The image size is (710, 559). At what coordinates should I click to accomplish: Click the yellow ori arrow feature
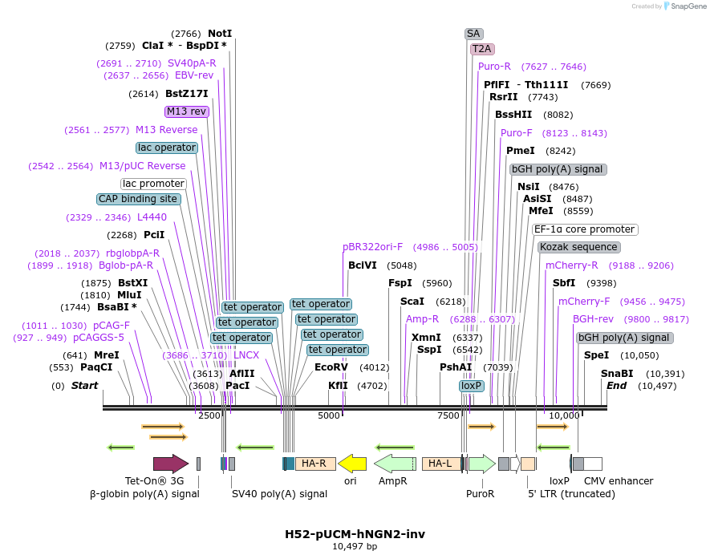(x=352, y=463)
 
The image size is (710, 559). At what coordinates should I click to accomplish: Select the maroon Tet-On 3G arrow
(x=170, y=463)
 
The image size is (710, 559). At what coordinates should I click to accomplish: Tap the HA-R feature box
(x=315, y=463)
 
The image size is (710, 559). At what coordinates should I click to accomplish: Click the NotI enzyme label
(x=220, y=34)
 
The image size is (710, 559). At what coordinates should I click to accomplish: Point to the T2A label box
(x=482, y=49)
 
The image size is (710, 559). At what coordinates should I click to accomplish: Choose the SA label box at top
(x=473, y=34)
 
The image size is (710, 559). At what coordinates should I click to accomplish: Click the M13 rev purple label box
(x=187, y=111)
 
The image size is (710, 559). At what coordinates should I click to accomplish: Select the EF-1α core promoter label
(x=585, y=229)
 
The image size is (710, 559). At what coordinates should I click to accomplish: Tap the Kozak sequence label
(x=578, y=247)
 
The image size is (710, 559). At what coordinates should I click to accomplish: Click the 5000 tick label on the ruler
(x=329, y=415)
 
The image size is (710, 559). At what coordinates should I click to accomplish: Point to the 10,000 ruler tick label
(x=564, y=415)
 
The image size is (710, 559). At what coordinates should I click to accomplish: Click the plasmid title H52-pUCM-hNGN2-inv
(x=355, y=533)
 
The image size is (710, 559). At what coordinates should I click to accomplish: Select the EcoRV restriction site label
(x=331, y=367)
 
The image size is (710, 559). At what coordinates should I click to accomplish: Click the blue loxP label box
(x=472, y=386)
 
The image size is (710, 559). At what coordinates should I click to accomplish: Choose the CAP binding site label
(x=138, y=199)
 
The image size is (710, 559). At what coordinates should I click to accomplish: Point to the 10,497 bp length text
(x=355, y=546)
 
